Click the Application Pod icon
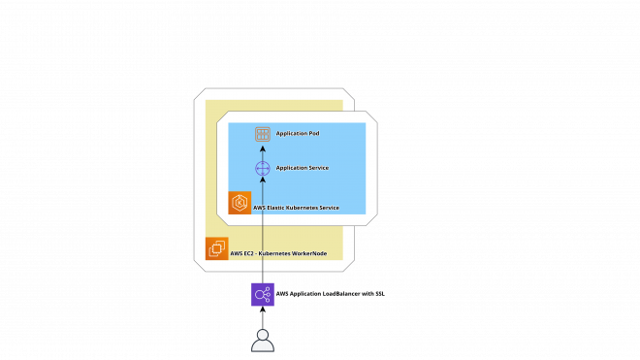click(263, 134)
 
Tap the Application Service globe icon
click(263, 168)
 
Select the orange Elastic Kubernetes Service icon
click(240, 203)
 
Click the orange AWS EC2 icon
click(217, 248)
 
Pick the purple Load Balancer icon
click(263, 294)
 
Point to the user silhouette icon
click(263, 341)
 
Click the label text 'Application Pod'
click(298, 134)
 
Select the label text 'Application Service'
click(303, 168)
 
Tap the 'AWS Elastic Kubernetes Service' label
click(297, 208)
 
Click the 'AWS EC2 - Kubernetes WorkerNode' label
click(278, 254)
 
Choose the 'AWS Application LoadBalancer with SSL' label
click(331, 294)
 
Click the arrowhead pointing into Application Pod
click(263, 147)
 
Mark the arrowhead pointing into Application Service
click(263, 180)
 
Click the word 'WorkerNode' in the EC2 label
click(308, 254)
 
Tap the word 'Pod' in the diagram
click(314, 134)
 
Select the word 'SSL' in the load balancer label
click(379, 294)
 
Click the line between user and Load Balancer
click(263, 317)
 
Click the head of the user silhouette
click(263, 334)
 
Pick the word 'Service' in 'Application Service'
click(317, 168)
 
